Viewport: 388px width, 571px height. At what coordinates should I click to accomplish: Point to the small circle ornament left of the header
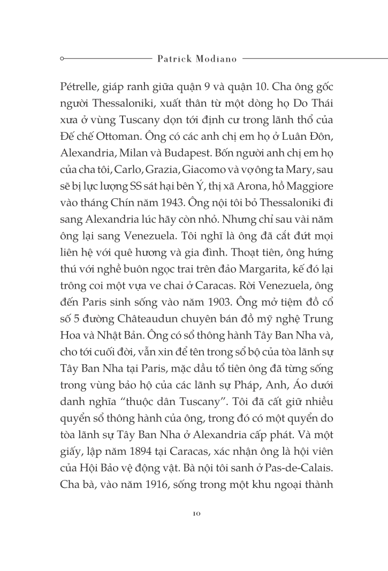pyautogui.click(x=63, y=57)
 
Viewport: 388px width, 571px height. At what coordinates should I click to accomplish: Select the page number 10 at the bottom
pyautogui.click(x=195, y=513)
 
